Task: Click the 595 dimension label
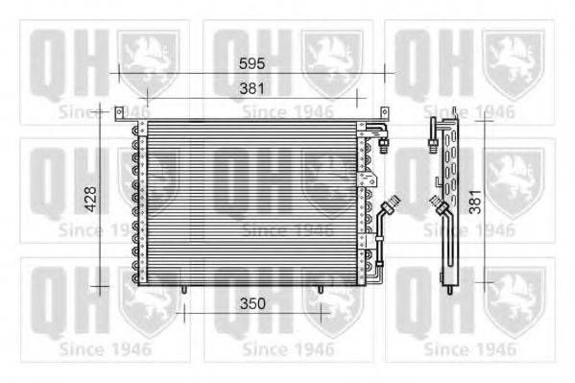click(x=252, y=63)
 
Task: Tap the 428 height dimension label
click(x=90, y=200)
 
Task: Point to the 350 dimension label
click(x=252, y=303)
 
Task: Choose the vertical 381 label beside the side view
click(x=475, y=202)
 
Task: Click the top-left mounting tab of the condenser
click(x=119, y=113)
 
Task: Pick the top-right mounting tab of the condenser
click(x=384, y=113)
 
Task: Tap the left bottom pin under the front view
click(x=184, y=290)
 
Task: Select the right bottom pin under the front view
click(x=321, y=290)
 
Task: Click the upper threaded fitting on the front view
click(x=384, y=146)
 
